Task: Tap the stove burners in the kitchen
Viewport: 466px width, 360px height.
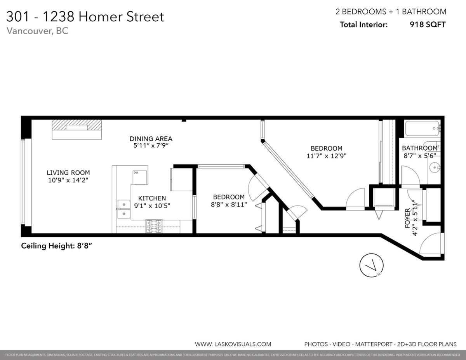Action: pyautogui.click(x=153, y=226)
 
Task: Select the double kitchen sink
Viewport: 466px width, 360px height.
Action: pyautogui.click(x=123, y=209)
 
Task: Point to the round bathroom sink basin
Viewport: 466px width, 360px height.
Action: pyautogui.click(x=435, y=168)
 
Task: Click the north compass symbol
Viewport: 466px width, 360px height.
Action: pyautogui.click(x=372, y=266)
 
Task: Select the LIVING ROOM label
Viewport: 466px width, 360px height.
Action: pyautogui.click(x=68, y=172)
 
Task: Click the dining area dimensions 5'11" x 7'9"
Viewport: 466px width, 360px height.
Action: pyautogui.click(x=151, y=146)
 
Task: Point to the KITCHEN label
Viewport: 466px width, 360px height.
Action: pyautogui.click(x=152, y=198)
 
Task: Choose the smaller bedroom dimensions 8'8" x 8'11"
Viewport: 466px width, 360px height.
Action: pyautogui.click(x=229, y=205)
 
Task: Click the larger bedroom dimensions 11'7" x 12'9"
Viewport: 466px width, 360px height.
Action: pyautogui.click(x=326, y=156)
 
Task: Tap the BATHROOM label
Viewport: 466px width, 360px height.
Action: pyautogui.click(x=419, y=148)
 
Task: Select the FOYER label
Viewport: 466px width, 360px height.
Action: pyautogui.click(x=407, y=218)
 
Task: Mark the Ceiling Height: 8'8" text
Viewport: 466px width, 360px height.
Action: pyautogui.click(x=56, y=245)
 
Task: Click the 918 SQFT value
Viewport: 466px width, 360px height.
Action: pyautogui.click(x=428, y=24)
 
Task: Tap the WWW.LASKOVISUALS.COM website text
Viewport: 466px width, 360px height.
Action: pyautogui.click(x=233, y=344)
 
